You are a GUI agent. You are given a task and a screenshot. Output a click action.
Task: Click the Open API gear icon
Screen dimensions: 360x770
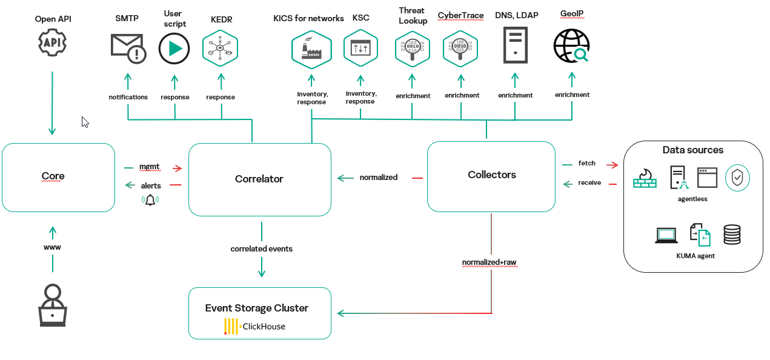[x=52, y=42]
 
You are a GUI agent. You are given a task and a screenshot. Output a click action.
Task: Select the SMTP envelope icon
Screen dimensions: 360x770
[x=128, y=48]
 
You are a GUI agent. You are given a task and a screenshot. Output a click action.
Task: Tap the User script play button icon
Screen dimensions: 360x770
[x=174, y=48]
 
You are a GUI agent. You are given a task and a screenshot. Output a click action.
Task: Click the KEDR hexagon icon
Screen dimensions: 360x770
[x=220, y=48]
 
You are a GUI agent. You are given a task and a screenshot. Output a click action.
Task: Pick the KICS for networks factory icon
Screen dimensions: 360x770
[x=311, y=50]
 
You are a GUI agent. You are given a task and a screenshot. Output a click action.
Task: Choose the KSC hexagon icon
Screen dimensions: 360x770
[x=360, y=48]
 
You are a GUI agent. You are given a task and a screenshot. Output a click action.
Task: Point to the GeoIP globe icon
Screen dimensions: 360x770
[x=571, y=47]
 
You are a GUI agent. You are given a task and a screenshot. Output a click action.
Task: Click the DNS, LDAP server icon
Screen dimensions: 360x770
[x=515, y=45]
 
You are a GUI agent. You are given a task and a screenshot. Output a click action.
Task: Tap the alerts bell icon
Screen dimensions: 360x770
[x=150, y=199]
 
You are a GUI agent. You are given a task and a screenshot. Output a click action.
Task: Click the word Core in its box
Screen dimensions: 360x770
[x=53, y=176]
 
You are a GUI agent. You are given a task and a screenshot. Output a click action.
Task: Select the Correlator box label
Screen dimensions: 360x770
[x=259, y=179]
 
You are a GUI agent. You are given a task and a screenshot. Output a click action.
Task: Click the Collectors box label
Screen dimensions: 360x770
[x=492, y=175]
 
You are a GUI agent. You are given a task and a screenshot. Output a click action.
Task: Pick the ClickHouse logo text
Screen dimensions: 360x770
[x=263, y=326]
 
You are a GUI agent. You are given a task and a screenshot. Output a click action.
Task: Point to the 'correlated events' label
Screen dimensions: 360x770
[x=261, y=249]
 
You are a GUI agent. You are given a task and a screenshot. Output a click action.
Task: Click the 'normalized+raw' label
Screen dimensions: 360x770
[x=489, y=262]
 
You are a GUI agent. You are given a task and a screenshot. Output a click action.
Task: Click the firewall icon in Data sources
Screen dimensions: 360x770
[x=645, y=178]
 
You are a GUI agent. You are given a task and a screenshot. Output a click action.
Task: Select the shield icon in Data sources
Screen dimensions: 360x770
[x=737, y=178]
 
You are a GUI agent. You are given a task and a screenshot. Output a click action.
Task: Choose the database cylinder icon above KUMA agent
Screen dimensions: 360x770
[x=732, y=234]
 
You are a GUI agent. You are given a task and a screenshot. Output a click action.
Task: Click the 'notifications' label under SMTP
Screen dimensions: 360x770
[x=128, y=97]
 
